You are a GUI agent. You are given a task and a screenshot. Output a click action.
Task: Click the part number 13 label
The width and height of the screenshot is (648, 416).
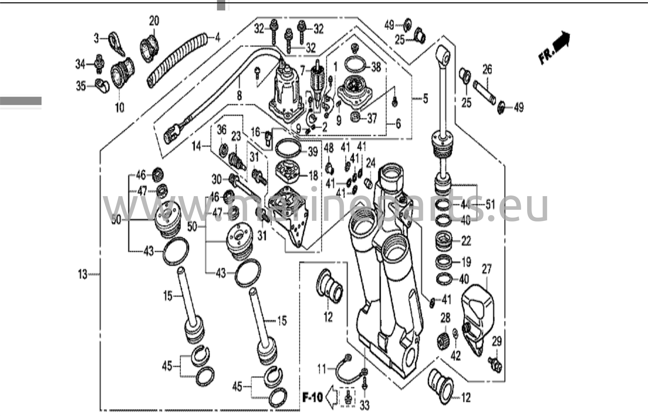[83, 274]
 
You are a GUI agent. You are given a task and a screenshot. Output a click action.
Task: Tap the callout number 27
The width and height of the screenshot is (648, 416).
[487, 269]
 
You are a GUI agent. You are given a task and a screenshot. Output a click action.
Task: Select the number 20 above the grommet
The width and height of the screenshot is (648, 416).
[154, 22]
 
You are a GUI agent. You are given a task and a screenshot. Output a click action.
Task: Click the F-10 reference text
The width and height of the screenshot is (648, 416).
[312, 397]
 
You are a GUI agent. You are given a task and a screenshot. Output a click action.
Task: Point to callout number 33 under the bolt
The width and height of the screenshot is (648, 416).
[365, 406]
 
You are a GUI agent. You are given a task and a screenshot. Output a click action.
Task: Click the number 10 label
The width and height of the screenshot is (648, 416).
[120, 108]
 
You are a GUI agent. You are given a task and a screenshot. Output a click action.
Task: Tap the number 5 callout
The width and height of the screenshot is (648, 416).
[425, 98]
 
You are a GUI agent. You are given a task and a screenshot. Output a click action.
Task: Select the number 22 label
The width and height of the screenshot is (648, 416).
[466, 241]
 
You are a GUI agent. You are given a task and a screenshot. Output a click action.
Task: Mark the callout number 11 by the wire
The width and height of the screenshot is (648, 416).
[321, 369]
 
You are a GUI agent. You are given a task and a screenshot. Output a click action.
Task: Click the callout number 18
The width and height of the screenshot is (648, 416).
[313, 176]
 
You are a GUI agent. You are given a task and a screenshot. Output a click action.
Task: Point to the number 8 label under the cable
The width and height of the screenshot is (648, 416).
[239, 95]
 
